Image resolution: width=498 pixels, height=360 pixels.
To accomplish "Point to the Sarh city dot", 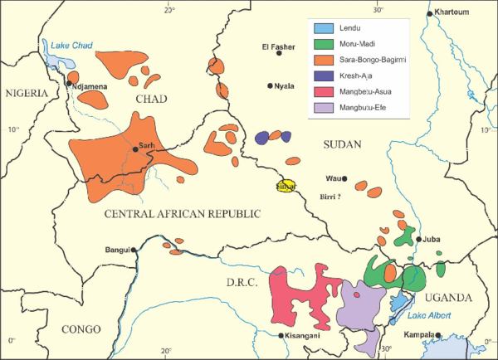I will tap(134, 149).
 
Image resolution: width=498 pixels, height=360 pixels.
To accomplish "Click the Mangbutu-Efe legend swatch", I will tap(325, 108).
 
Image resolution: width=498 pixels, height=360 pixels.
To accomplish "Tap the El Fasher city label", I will tap(278, 46).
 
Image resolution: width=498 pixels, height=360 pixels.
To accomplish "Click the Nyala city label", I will tap(285, 85).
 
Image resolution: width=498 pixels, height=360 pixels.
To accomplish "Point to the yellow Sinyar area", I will tap(286, 187).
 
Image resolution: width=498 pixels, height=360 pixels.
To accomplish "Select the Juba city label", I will tap(432, 239).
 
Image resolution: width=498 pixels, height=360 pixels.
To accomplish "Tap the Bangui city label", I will tap(115, 250).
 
